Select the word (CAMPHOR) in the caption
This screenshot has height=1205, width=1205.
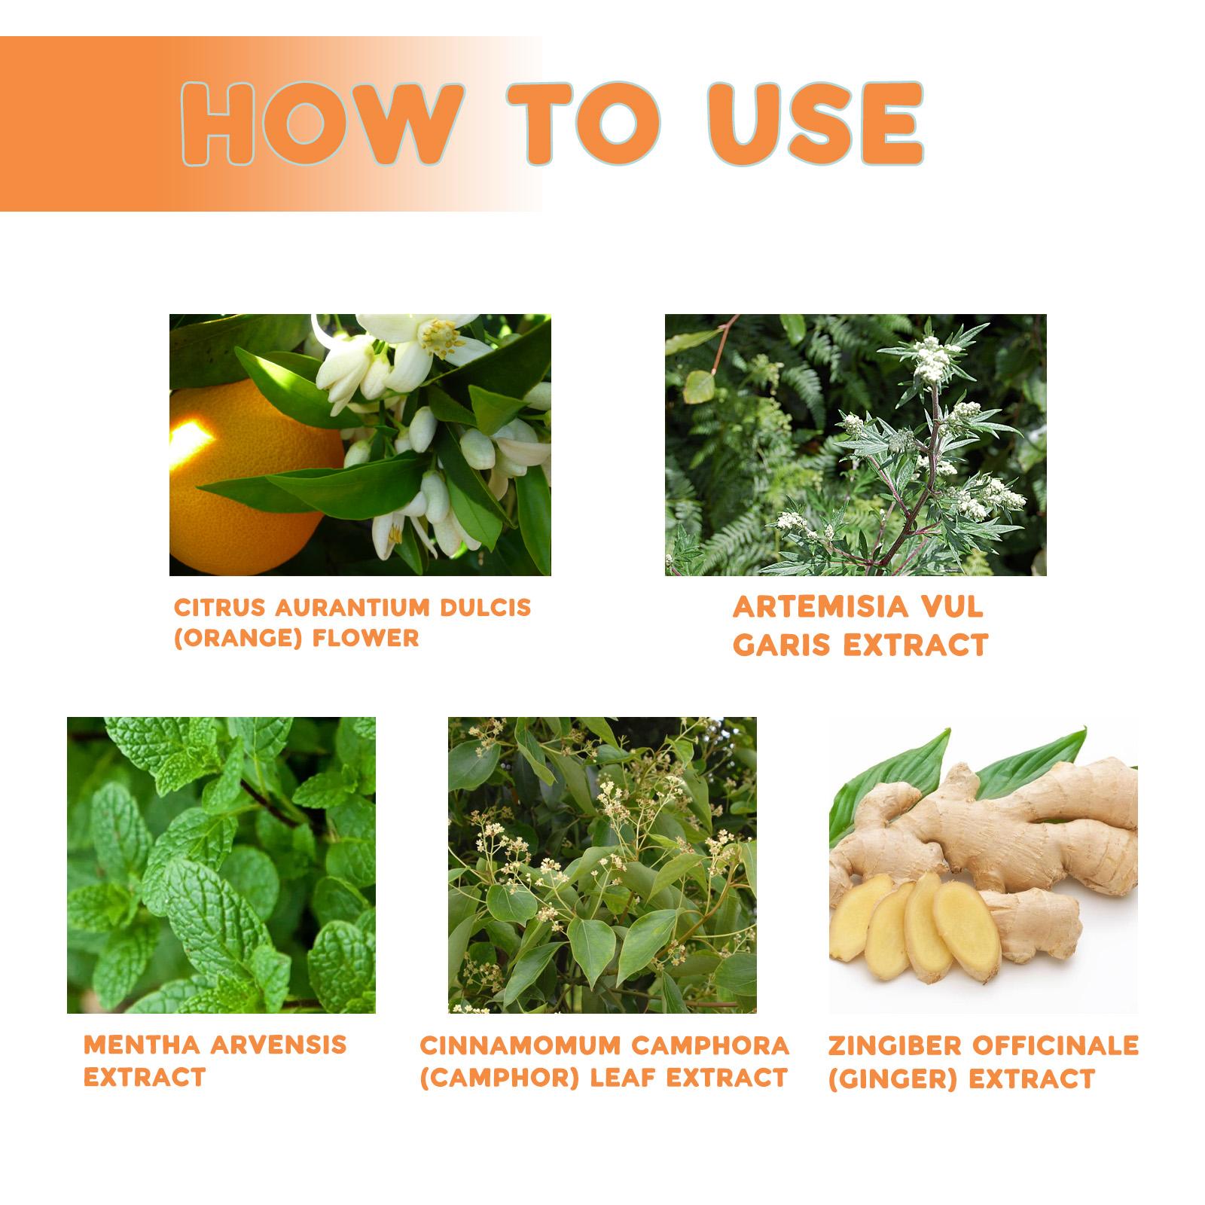point(499,1078)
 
